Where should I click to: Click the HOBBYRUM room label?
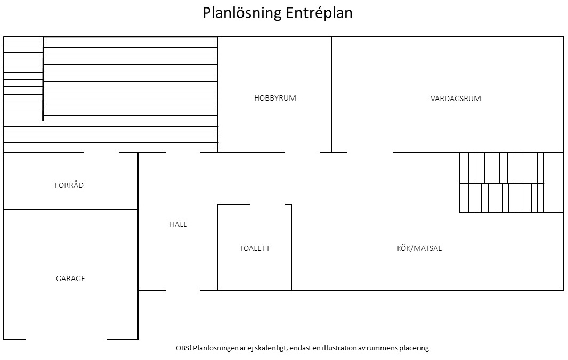(275, 98)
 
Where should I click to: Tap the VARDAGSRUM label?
(456, 99)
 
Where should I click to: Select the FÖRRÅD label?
(69, 185)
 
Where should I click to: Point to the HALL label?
(178, 224)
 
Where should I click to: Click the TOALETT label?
(254, 248)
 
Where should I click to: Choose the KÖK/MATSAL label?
(419, 248)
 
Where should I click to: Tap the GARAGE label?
(70, 279)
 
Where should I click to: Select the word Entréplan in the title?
(319, 13)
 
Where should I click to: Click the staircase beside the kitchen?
(501, 183)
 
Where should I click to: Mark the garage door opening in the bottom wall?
(66, 339)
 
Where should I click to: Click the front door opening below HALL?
(183, 291)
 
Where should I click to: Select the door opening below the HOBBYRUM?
(302, 153)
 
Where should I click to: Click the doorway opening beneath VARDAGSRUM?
(370, 153)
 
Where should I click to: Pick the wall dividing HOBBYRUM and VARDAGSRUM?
(332, 94)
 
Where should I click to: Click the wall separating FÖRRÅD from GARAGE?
(70, 209)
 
